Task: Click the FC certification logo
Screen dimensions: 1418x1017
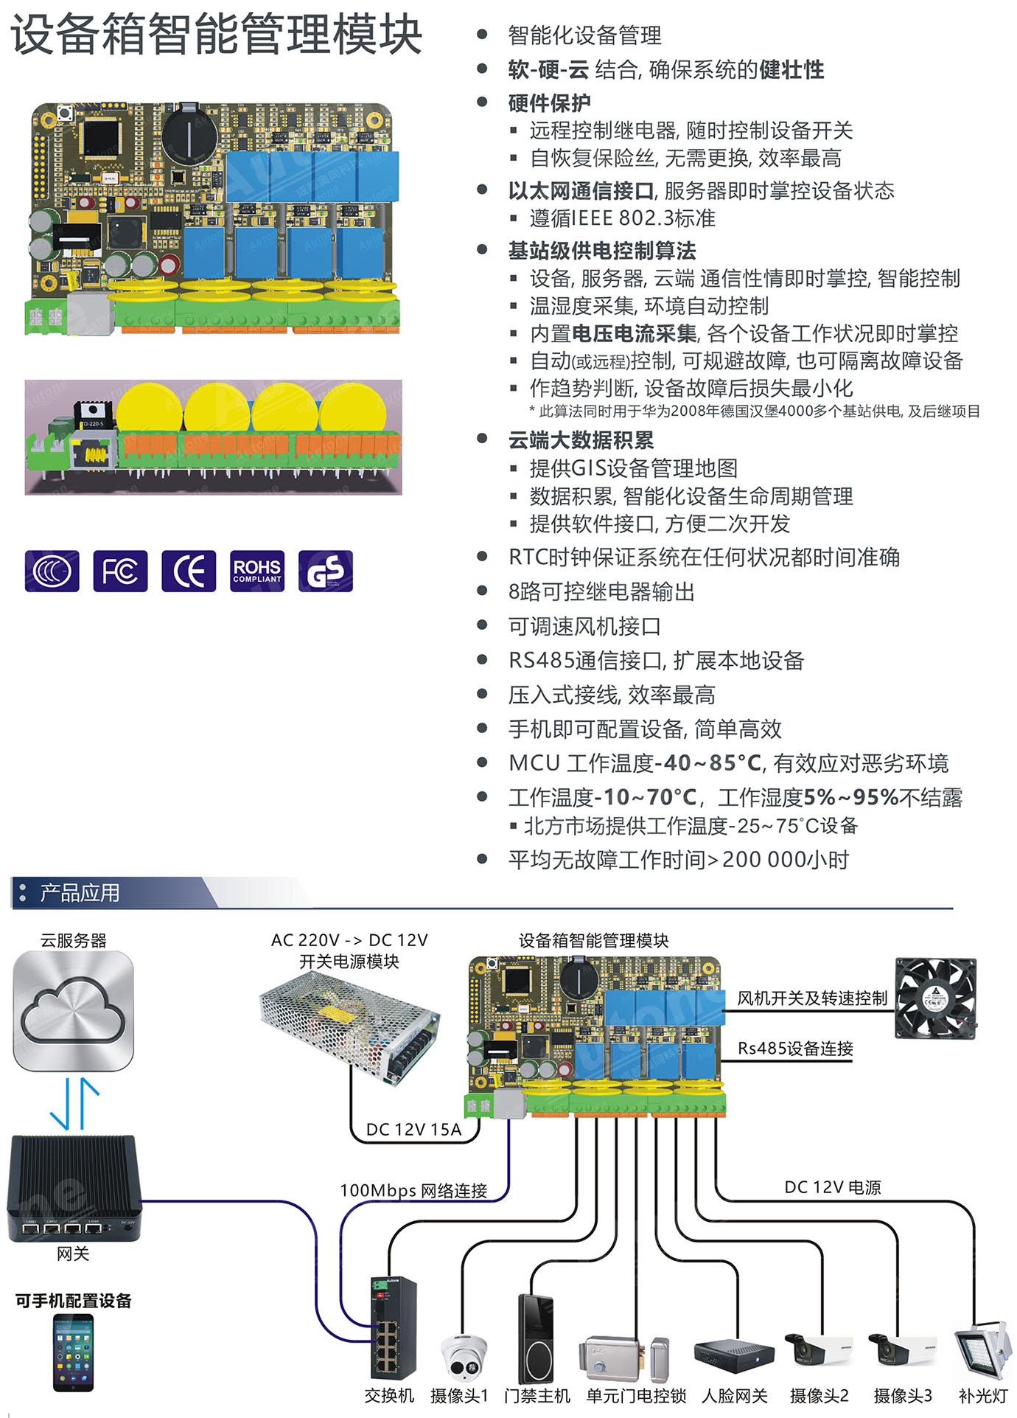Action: [x=120, y=571]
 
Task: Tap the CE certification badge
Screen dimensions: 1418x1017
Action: [x=189, y=571]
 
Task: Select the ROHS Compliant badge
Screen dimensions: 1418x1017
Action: [x=256, y=571]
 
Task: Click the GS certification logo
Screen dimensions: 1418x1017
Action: [x=325, y=571]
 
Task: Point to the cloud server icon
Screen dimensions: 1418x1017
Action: [x=73, y=1011]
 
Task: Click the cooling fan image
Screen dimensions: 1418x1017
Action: [x=935, y=998]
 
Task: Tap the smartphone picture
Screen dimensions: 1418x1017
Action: [x=73, y=1352]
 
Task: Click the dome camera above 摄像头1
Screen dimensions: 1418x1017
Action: [x=463, y=1358]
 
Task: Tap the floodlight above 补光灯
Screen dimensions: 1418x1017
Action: [x=982, y=1352]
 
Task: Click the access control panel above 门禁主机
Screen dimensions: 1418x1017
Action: [x=535, y=1338]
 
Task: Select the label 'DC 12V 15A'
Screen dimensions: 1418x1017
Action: [x=413, y=1130]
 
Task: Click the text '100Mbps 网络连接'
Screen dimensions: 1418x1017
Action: [x=413, y=1191]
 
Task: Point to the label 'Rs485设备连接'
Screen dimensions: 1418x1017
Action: [x=795, y=1049]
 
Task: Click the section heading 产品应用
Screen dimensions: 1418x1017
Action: [x=80, y=893]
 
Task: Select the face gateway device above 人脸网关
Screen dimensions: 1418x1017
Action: [x=734, y=1355]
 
